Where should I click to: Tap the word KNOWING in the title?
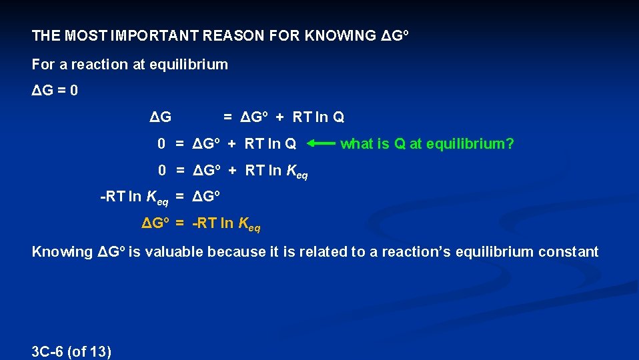click(x=340, y=35)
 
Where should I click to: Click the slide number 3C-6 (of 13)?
click(x=71, y=351)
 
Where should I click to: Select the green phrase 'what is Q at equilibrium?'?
click(x=427, y=143)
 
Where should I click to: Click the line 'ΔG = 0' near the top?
click(x=55, y=90)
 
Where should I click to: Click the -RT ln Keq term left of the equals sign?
click(x=134, y=198)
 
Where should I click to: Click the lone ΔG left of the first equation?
click(x=160, y=117)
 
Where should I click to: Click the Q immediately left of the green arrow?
click(x=291, y=143)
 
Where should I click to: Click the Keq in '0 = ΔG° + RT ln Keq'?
click(x=297, y=172)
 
